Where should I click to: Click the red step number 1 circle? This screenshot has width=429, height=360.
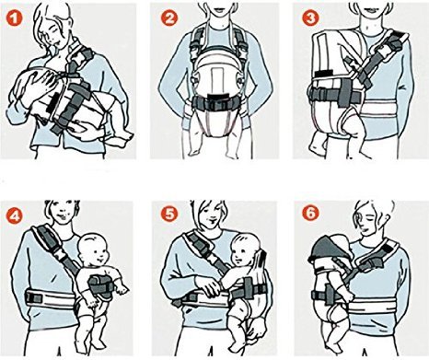tap(15, 19)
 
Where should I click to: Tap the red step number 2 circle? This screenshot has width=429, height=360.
tap(169, 19)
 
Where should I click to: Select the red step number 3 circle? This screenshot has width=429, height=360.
tap(310, 18)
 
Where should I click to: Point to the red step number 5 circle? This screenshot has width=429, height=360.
tap(169, 215)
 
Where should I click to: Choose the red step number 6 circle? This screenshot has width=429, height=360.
tap(311, 214)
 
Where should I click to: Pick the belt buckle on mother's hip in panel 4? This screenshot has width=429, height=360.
tap(34, 298)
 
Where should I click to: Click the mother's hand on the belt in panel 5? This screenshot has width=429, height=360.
tap(207, 286)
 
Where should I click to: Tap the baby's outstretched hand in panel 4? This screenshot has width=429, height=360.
tap(122, 289)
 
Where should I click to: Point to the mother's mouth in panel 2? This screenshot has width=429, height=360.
tap(218, 8)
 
